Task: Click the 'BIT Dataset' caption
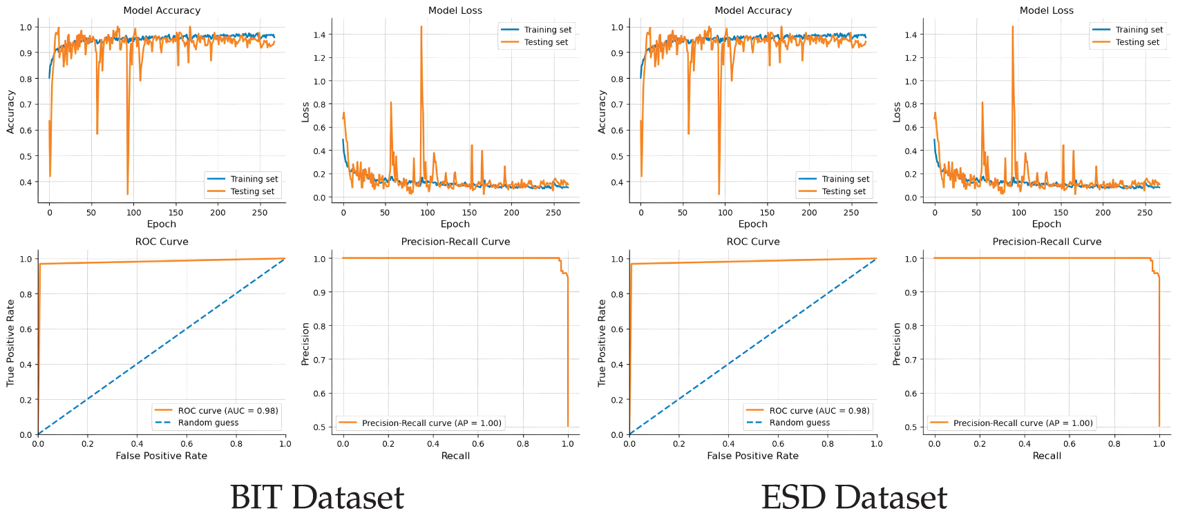click(x=317, y=496)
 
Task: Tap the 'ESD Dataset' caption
click(x=854, y=496)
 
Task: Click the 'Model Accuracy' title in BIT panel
click(x=162, y=10)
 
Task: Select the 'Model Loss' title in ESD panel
click(x=1047, y=10)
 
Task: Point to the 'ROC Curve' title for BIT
click(x=162, y=242)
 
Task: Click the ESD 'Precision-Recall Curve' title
click(x=1047, y=242)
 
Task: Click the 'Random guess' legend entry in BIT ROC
click(x=208, y=423)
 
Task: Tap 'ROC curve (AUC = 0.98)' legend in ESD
click(x=819, y=410)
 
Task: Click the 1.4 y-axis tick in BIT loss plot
click(x=319, y=35)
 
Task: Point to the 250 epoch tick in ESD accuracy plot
click(x=851, y=213)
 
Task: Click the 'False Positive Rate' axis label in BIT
click(x=162, y=456)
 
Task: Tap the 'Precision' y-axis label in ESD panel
click(x=897, y=343)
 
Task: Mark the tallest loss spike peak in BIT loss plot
click(x=421, y=27)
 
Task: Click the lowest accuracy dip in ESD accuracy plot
click(x=719, y=194)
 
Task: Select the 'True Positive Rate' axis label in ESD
click(x=602, y=343)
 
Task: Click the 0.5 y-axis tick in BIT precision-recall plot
click(x=320, y=427)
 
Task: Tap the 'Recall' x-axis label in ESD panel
click(x=1047, y=456)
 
